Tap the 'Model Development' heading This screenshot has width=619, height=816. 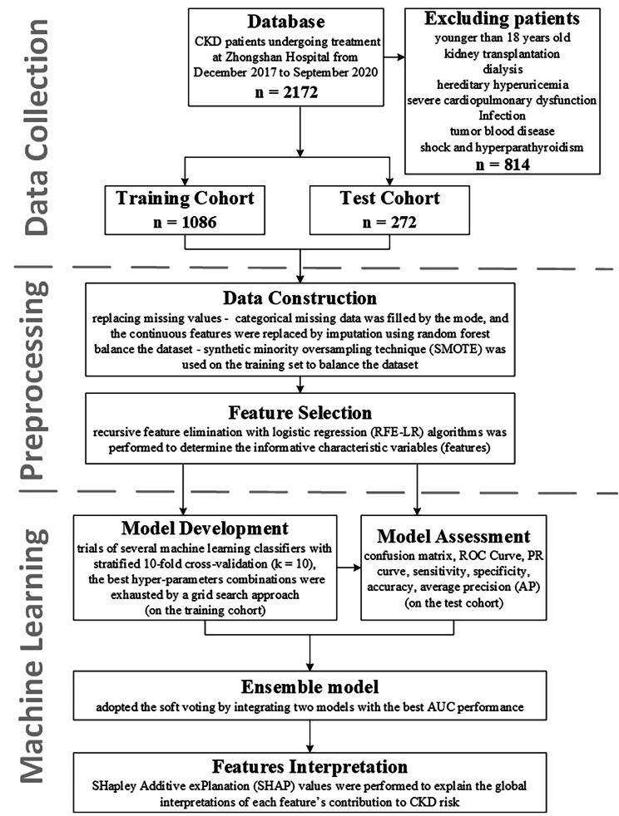tap(204, 528)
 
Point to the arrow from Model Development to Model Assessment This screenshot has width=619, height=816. tap(350, 571)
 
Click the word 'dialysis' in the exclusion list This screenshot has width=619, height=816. tap(503, 70)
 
